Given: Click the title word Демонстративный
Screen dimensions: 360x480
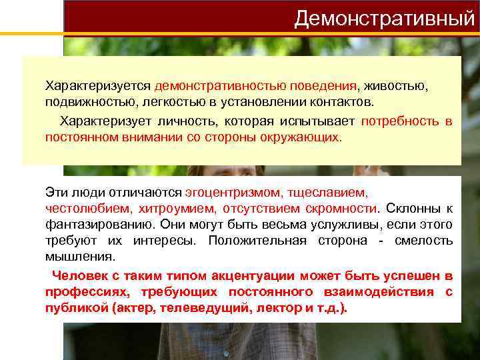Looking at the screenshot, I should (x=385, y=18).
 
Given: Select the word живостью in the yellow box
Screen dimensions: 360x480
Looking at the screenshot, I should (x=396, y=87).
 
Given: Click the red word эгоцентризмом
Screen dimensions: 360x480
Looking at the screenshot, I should (x=233, y=192).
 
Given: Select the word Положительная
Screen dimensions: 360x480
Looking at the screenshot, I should (x=257, y=241).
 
